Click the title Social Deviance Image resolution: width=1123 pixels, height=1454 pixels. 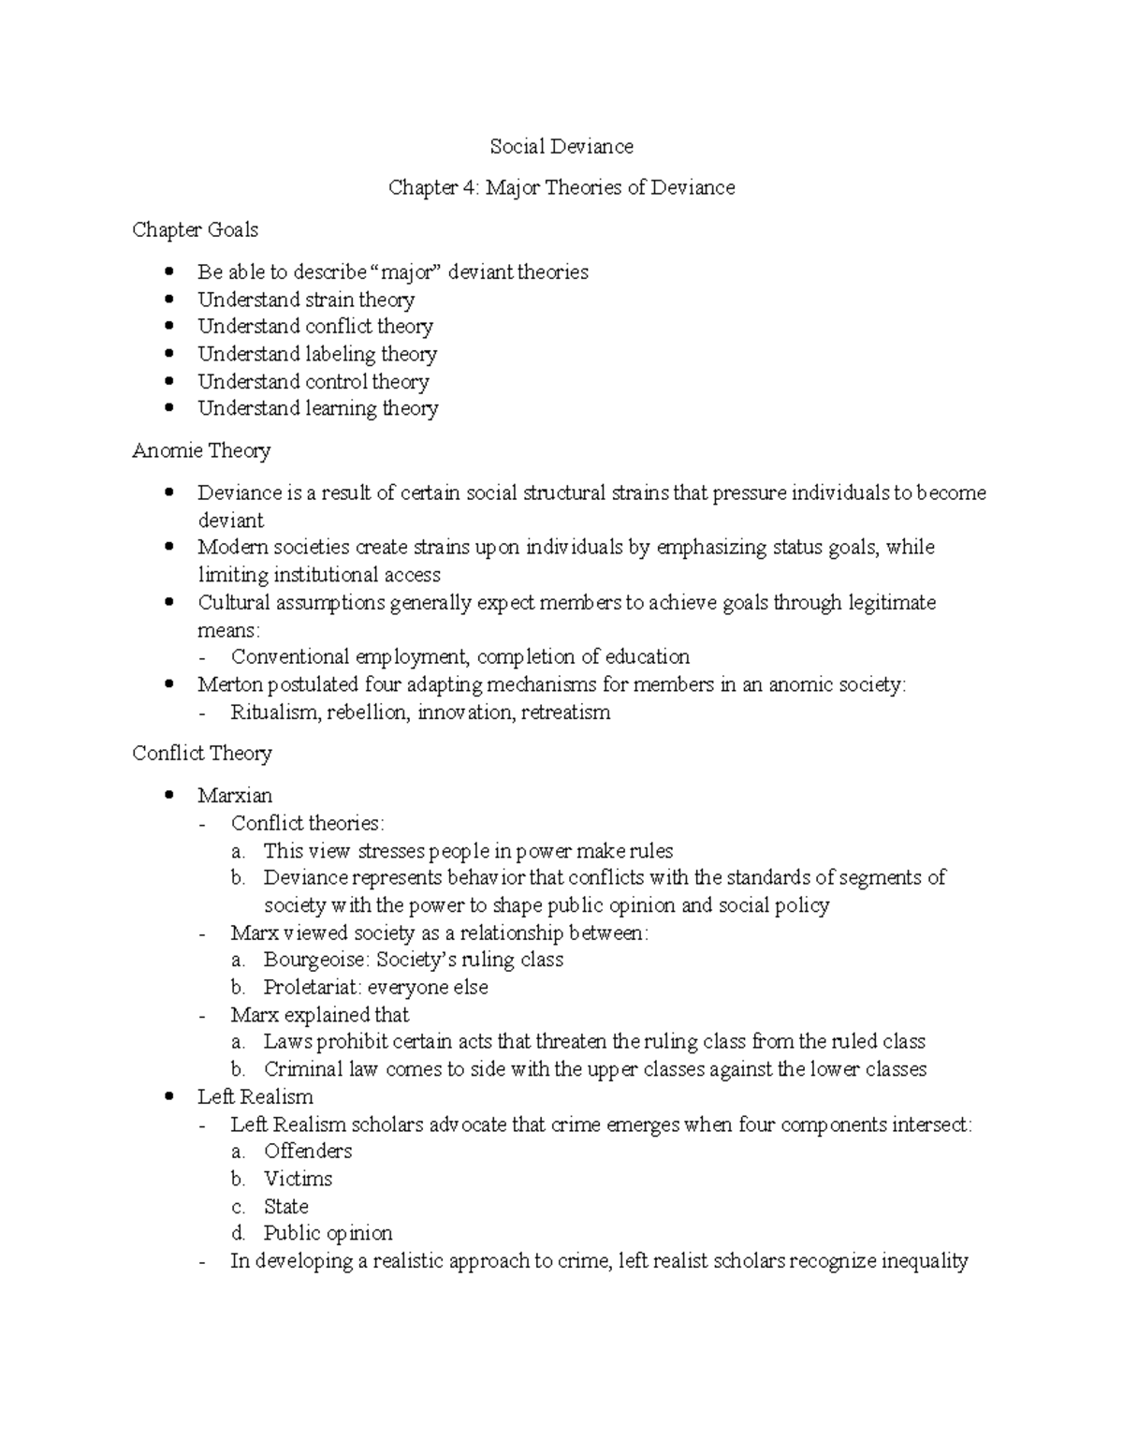(x=561, y=146)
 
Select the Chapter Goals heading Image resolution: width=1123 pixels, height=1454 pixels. (x=195, y=229)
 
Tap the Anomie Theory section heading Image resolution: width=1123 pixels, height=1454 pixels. (x=201, y=450)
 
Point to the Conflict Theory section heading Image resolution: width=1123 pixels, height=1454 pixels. (x=202, y=753)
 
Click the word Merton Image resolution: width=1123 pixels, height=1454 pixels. (x=229, y=684)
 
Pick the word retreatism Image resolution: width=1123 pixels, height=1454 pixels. (x=565, y=712)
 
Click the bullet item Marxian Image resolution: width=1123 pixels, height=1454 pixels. (x=235, y=795)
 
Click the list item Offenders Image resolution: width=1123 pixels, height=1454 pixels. (x=308, y=1151)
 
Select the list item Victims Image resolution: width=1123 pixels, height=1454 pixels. (x=298, y=1179)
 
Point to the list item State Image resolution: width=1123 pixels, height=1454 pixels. (x=285, y=1206)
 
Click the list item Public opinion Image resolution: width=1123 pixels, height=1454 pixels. (x=328, y=1233)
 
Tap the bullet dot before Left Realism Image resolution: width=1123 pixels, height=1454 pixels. (x=168, y=1096)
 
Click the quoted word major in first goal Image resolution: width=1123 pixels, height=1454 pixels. (x=406, y=272)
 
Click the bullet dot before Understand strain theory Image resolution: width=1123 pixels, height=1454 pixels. (x=168, y=300)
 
